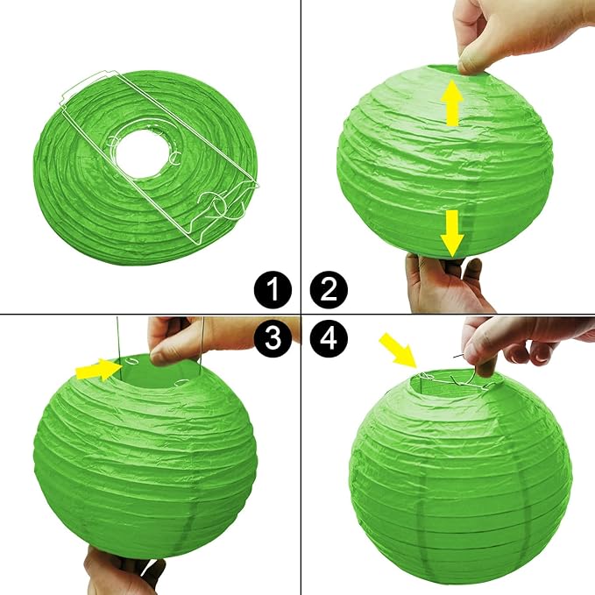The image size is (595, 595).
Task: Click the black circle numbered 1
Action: [277, 289]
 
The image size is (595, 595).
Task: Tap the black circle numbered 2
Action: [329, 289]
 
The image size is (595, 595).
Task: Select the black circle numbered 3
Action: [277, 338]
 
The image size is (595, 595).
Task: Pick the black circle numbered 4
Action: [329, 338]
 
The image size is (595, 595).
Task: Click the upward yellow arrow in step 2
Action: [452, 103]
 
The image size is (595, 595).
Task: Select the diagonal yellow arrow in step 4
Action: [397, 348]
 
